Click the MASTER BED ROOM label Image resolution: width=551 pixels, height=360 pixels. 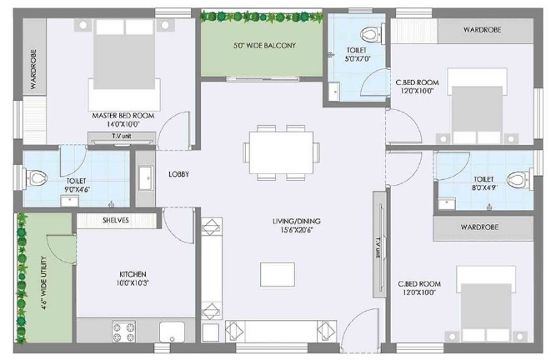(123, 116)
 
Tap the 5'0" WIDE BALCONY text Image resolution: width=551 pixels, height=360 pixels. (264, 45)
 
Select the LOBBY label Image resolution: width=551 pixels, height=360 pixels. (179, 174)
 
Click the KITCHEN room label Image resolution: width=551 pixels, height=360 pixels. (133, 274)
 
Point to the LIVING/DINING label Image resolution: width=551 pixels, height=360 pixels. (297, 222)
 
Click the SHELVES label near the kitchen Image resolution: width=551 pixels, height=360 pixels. (116, 220)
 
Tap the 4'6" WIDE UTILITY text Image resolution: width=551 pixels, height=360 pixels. (43, 282)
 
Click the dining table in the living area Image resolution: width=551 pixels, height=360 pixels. (281, 152)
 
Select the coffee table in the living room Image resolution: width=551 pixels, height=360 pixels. (278, 274)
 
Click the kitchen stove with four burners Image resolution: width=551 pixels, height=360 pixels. (123, 332)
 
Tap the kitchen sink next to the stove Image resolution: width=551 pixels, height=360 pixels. (172, 332)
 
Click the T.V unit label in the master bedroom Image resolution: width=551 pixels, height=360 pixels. (122, 136)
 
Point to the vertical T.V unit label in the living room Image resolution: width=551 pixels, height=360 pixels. (378, 248)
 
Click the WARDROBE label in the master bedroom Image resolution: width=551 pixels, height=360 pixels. (33, 69)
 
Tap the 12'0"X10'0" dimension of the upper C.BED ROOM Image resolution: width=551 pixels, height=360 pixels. (417, 91)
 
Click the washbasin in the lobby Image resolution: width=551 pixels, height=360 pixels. (145, 178)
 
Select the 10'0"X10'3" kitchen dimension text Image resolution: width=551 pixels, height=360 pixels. (133, 282)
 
